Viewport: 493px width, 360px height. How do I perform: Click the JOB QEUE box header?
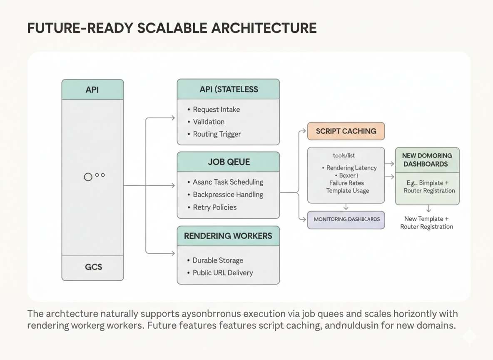[x=228, y=162]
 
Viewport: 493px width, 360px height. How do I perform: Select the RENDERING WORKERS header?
[x=228, y=236]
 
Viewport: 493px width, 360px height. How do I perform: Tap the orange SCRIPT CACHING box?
[x=346, y=131]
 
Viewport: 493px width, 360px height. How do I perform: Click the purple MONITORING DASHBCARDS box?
[x=346, y=219]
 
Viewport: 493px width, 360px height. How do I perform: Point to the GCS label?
[x=93, y=267]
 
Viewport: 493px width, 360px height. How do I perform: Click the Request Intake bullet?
[x=216, y=110]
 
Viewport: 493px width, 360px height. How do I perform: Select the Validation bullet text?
[x=209, y=122]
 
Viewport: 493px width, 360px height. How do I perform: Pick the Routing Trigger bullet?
[x=217, y=134]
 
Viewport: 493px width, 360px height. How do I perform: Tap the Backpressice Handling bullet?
[x=228, y=195]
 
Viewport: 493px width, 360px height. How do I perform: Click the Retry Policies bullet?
[x=214, y=207]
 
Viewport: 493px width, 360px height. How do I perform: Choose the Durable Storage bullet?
[x=217, y=260]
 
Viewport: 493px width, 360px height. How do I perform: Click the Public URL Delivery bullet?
[x=222, y=273]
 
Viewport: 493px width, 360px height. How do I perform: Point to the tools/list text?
[x=344, y=155]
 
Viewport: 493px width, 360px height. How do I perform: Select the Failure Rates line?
[x=346, y=183]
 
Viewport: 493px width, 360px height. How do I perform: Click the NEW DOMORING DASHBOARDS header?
[x=427, y=160]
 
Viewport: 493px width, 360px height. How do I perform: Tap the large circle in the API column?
[x=88, y=177]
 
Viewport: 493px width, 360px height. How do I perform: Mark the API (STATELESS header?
[x=228, y=89]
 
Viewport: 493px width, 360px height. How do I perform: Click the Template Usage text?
[x=347, y=190]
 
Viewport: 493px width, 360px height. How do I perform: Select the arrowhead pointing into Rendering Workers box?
[x=173, y=253]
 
